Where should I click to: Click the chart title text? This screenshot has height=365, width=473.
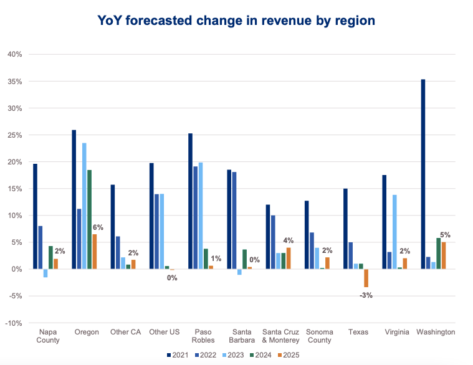(x=236, y=21)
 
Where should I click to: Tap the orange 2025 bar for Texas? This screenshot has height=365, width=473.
(x=366, y=278)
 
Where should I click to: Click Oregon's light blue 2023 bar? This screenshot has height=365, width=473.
(x=84, y=206)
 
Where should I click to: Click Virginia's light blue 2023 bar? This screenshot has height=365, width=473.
(x=394, y=232)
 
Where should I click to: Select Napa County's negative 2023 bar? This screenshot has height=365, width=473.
(x=45, y=273)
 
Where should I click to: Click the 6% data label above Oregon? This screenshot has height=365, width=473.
(x=98, y=228)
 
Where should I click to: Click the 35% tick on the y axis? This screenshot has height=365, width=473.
(x=14, y=82)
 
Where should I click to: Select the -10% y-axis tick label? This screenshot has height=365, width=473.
(x=13, y=323)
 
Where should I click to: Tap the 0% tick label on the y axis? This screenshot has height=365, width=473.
(x=17, y=269)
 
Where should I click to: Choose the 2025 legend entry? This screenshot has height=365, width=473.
(x=293, y=355)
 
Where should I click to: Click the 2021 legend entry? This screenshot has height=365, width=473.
(x=178, y=355)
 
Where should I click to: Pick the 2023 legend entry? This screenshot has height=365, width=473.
(x=236, y=355)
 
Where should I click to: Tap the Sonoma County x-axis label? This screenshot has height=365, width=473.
(x=320, y=336)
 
